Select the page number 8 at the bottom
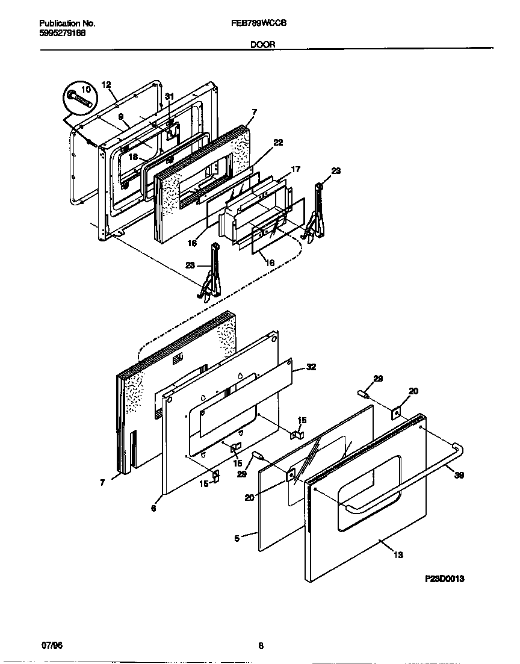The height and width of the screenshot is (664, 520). (x=261, y=647)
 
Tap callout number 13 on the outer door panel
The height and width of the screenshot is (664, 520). (x=398, y=554)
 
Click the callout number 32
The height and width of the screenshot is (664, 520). (x=311, y=367)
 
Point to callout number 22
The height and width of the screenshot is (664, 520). (x=278, y=142)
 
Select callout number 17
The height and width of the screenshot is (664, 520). (x=295, y=170)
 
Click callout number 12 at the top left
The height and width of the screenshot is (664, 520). (x=107, y=85)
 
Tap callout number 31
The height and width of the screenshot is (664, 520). (x=169, y=97)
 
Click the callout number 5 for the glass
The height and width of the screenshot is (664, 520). (x=237, y=538)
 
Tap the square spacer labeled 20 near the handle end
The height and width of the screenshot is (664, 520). (x=397, y=413)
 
